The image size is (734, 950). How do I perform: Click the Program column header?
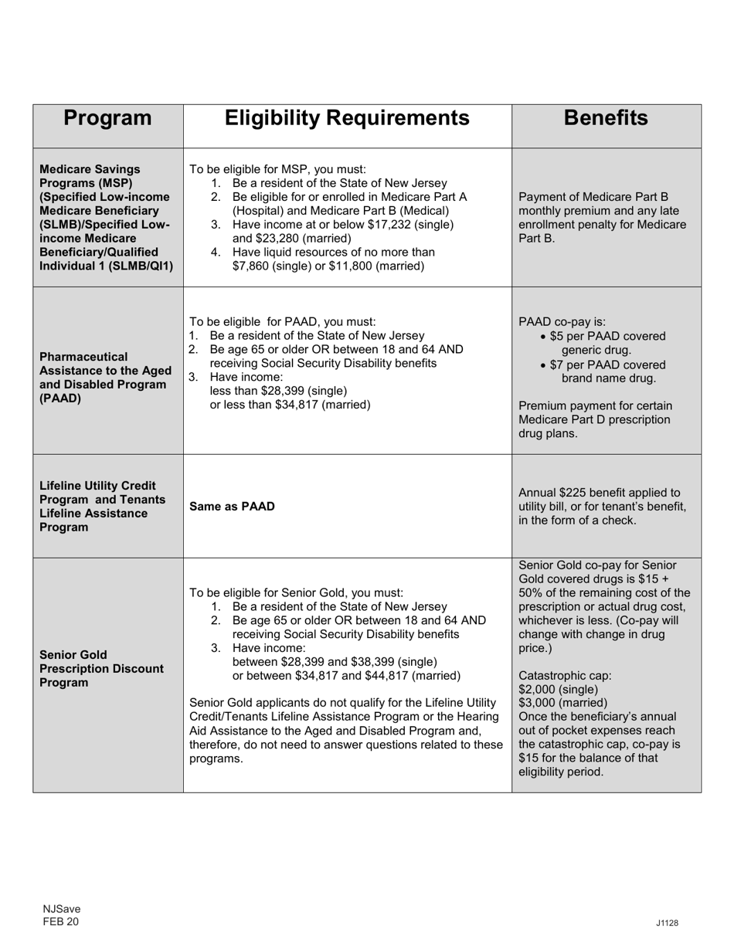pos(107,118)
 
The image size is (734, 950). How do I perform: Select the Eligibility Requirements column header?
pos(347,118)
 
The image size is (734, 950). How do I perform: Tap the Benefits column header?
pos(606,118)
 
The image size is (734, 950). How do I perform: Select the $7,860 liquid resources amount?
pos(253,266)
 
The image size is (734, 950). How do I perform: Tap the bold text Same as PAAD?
pos(232,507)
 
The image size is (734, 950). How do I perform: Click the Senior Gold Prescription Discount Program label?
pos(101,669)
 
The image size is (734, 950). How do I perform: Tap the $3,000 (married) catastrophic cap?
pos(562,703)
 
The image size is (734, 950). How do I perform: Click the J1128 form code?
pos(668,923)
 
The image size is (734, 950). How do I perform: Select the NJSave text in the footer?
pos(61,909)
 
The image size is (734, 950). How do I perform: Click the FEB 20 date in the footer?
pos(60,921)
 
